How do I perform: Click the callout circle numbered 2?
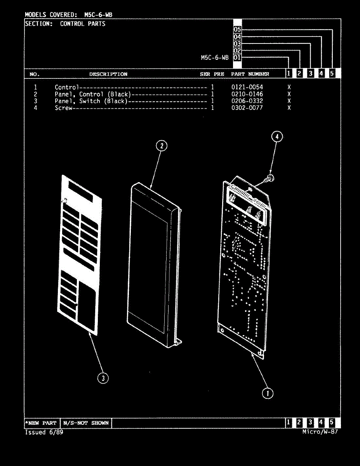click(162, 146)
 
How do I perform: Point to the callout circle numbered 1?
click(267, 393)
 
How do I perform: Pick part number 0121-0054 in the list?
click(247, 87)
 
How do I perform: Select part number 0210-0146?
click(247, 94)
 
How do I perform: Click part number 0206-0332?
click(247, 101)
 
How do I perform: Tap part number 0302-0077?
click(247, 108)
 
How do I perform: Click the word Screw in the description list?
click(63, 108)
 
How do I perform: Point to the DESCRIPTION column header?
click(108, 74)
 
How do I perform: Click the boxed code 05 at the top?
click(238, 30)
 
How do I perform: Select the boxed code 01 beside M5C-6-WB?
click(238, 57)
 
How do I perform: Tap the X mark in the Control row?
click(289, 87)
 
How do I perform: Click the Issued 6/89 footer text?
click(44, 432)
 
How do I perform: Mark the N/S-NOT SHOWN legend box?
click(86, 423)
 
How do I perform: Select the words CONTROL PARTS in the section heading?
click(82, 24)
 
